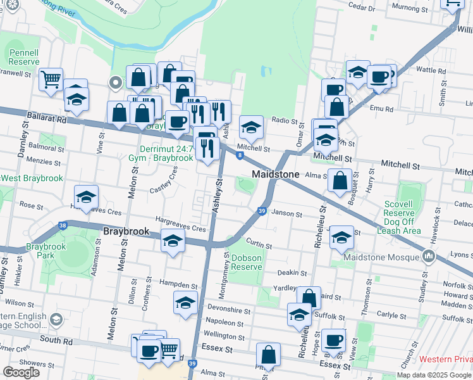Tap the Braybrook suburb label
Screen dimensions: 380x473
[x=126, y=232]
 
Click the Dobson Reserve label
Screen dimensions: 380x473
[x=247, y=262]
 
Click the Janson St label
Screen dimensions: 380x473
[x=286, y=214]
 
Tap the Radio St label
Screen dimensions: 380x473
[x=284, y=120]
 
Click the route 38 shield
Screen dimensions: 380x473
[x=62, y=225]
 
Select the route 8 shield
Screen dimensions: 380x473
[x=240, y=155]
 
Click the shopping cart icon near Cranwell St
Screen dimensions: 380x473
[x=51, y=80]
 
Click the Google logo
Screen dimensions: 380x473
[x=21, y=372]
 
